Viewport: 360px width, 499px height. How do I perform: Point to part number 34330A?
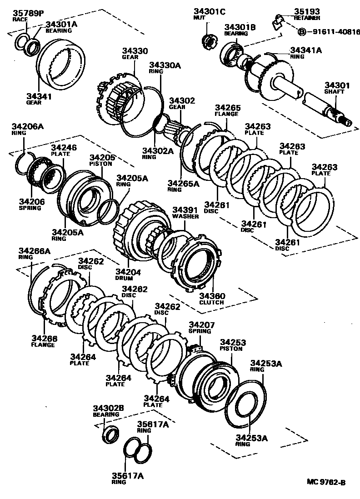pyautogui.click(x=165, y=66)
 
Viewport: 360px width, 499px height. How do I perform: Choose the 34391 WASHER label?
pyautogui.click(x=185, y=212)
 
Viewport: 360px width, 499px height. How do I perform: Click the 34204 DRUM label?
pyautogui.click(x=129, y=274)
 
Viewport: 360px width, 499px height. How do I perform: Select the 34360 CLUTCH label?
pyautogui.click(x=211, y=298)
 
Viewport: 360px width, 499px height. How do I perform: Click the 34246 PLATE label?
pyautogui.click(x=64, y=150)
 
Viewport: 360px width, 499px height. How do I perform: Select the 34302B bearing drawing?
pyautogui.click(x=110, y=434)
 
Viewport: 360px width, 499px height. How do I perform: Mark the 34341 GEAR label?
pyautogui.click(x=39, y=99)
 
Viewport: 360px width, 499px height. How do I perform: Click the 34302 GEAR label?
pyautogui.click(x=182, y=103)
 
